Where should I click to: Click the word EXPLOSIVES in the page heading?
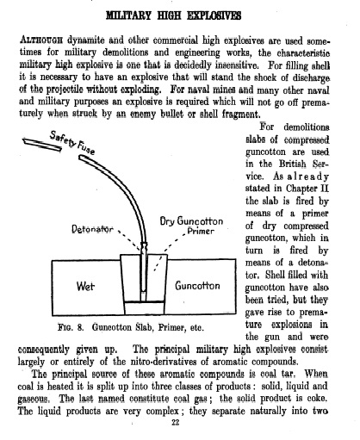click(214, 15)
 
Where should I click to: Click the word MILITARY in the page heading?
click(128, 15)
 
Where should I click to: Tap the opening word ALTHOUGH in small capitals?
click(41, 40)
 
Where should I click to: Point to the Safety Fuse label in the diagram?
click(72, 142)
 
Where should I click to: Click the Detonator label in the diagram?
click(92, 229)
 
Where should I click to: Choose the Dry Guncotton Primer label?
click(191, 226)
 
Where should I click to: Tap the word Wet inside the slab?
click(85, 286)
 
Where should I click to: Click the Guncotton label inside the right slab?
click(197, 286)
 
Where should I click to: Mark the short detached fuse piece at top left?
click(42, 145)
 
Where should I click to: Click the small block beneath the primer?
click(145, 307)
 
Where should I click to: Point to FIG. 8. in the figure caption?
click(71, 327)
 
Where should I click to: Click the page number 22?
click(175, 422)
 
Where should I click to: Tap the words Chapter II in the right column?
click(307, 189)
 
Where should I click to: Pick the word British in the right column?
click(292, 164)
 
